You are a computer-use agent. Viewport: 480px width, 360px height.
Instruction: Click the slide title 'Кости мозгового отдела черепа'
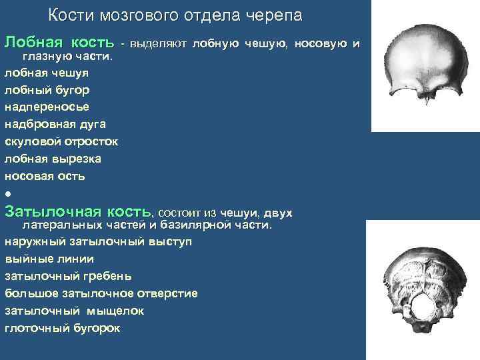[175, 15]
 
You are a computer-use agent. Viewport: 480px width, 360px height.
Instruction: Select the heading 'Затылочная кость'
[78, 211]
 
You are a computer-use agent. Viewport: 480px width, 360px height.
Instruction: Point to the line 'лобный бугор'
[47, 89]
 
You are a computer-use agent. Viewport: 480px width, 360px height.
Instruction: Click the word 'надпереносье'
[47, 107]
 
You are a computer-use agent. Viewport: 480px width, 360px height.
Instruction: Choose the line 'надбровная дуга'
[55, 124]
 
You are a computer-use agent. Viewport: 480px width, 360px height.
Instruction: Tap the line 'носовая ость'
[45, 176]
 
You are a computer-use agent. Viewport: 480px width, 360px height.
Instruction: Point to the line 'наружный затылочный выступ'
[98, 241]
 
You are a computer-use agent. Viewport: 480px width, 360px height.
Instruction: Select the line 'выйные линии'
[49, 259]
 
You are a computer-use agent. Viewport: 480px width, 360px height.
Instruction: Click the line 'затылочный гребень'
[68, 275]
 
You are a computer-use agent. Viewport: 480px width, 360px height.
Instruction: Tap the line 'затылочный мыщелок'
[74, 310]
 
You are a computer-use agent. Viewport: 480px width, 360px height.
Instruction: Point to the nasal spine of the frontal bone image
[424, 99]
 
